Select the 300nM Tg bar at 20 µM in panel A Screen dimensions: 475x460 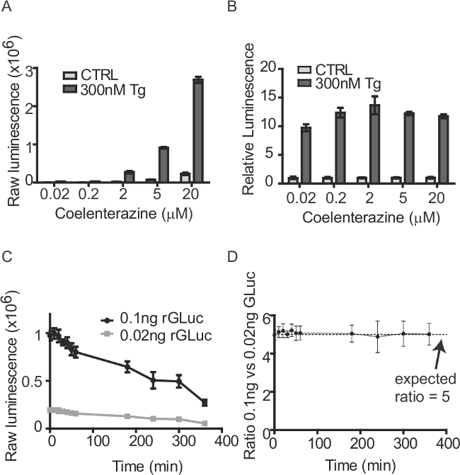click(x=198, y=130)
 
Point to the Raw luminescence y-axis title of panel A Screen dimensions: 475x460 click(x=13, y=125)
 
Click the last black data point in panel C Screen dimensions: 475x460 click(x=204, y=403)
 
